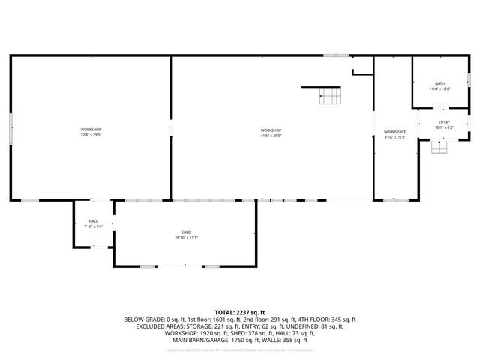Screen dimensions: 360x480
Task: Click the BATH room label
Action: coord(439,83)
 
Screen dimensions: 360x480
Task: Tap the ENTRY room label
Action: coord(444,122)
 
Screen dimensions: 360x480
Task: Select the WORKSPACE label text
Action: coord(394,132)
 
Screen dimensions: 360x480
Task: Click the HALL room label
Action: coord(94,221)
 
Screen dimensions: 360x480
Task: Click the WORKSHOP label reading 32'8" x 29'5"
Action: coord(91,130)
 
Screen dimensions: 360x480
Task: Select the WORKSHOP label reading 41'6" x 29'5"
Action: coord(271,130)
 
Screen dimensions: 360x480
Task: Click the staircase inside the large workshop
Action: coord(329,94)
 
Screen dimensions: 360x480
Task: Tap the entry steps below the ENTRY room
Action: coord(439,147)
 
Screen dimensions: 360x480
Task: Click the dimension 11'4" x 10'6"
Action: coord(439,89)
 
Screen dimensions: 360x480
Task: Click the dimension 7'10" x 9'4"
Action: coord(94,226)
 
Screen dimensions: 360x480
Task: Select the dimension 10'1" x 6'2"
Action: coord(444,127)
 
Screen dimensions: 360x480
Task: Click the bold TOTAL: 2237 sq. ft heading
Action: coord(240,312)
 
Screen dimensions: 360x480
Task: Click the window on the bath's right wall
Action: coord(469,78)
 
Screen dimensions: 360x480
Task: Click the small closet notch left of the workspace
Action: coord(362,66)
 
